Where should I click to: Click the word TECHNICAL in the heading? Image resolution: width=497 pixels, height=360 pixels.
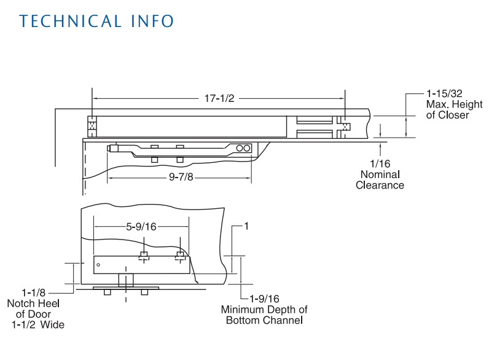pyautogui.click(x=71, y=22)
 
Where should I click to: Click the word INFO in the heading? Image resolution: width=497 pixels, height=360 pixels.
pyautogui.click(x=152, y=22)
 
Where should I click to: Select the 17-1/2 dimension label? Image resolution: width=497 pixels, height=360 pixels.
pyautogui.click(x=219, y=98)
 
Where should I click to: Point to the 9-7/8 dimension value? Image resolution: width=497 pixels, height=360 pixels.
pyautogui.click(x=181, y=177)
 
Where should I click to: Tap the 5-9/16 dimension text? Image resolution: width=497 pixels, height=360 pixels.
pyautogui.click(x=141, y=227)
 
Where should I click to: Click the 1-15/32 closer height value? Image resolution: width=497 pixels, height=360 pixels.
pyautogui.click(x=444, y=93)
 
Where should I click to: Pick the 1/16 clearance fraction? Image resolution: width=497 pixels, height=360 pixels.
pyautogui.click(x=380, y=163)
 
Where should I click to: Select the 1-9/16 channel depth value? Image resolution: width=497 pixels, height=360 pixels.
pyautogui.click(x=264, y=299)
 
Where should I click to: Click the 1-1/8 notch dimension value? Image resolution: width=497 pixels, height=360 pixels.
pyautogui.click(x=34, y=292)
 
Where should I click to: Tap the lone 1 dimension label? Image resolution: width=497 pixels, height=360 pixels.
pyautogui.click(x=246, y=226)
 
